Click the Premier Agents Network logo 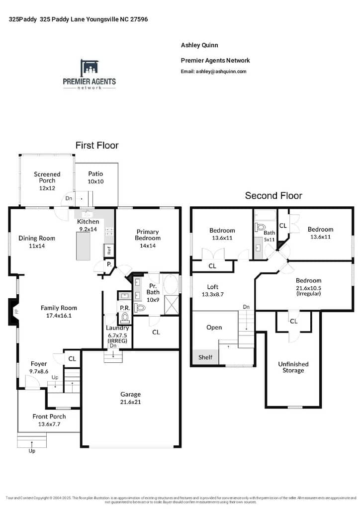click(90, 75)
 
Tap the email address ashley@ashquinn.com click(221, 72)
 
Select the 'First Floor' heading click(97, 146)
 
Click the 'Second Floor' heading click(273, 196)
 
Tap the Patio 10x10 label click(95, 177)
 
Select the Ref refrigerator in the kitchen click(109, 251)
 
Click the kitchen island click(83, 246)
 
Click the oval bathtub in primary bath click(171, 285)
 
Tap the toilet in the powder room click(125, 318)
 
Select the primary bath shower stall click(172, 305)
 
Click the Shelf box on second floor click(205, 357)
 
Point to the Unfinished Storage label click(293, 367)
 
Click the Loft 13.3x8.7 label click(213, 290)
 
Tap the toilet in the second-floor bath click(260, 227)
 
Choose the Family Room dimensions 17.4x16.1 click(59, 315)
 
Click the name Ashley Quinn click(199, 45)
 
